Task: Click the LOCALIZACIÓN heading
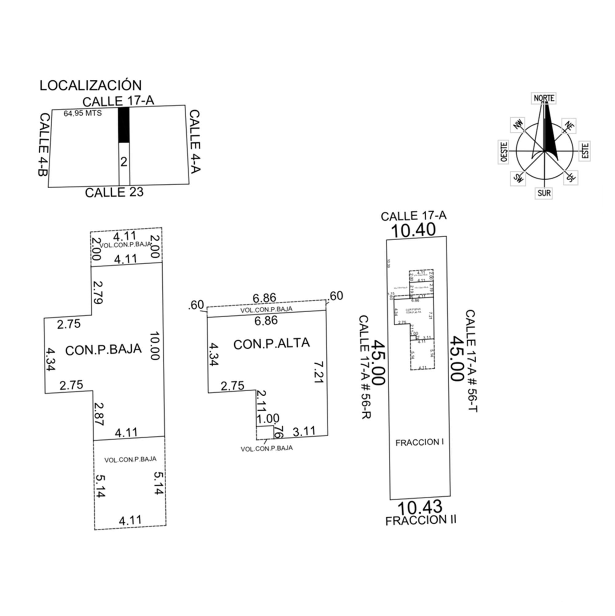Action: point(90,86)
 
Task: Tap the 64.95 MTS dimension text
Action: point(82,113)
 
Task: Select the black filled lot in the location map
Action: point(124,125)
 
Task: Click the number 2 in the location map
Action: point(124,162)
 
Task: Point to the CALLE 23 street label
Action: point(114,192)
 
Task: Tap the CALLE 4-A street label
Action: point(195,142)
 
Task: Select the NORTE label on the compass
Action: point(544,98)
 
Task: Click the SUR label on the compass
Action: point(544,193)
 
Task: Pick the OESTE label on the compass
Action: point(504,152)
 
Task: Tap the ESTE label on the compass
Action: point(585,151)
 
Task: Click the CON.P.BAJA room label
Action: point(103,350)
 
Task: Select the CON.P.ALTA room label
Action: point(272,343)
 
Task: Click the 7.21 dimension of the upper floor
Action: point(318,372)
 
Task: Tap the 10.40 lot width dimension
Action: point(413,230)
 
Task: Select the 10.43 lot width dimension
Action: point(420,507)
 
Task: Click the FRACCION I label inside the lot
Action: point(419,442)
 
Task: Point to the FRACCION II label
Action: point(421,520)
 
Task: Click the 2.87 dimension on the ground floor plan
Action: point(99,414)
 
